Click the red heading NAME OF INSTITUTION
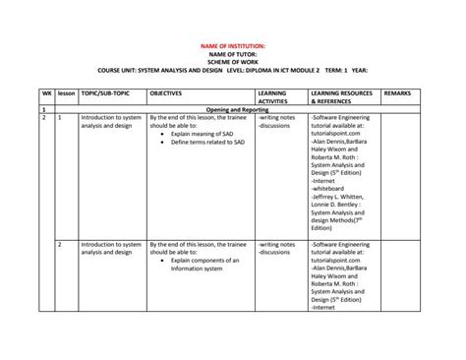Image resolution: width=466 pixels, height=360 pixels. coord(233,46)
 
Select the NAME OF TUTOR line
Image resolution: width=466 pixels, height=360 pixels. coord(233,54)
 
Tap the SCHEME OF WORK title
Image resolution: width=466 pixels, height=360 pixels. coord(233,62)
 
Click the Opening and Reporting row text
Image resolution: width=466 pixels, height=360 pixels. coord(233,109)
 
